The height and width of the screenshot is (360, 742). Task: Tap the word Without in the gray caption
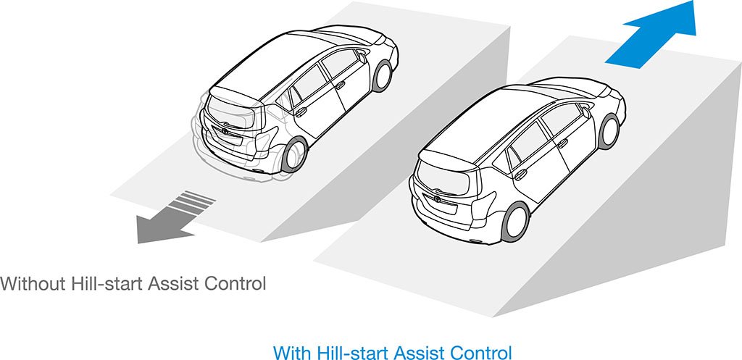(x=33, y=284)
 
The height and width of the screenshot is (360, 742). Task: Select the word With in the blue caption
(x=290, y=353)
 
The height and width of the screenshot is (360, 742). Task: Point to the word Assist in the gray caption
(x=172, y=284)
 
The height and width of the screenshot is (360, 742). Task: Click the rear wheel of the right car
(x=515, y=222)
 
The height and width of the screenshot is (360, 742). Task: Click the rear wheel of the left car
(x=294, y=154)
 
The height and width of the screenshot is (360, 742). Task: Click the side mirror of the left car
(x=362, y=58)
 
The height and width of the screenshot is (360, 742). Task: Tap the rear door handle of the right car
(x=520, y=175)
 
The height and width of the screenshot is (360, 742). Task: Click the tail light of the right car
(x=483, y=204)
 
